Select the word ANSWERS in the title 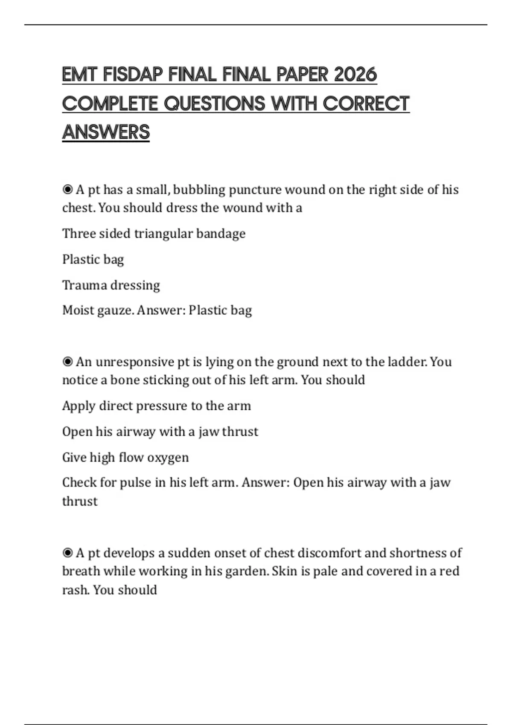(106, 132)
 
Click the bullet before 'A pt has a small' (67, 189)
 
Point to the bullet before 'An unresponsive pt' (67, 362)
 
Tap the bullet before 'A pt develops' (67, 553)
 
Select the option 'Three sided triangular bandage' (154, 234)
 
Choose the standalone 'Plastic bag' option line (93, 259)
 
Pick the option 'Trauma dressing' (111, 285)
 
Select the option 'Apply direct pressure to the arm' (156, 406)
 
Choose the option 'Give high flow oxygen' (125, 457)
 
